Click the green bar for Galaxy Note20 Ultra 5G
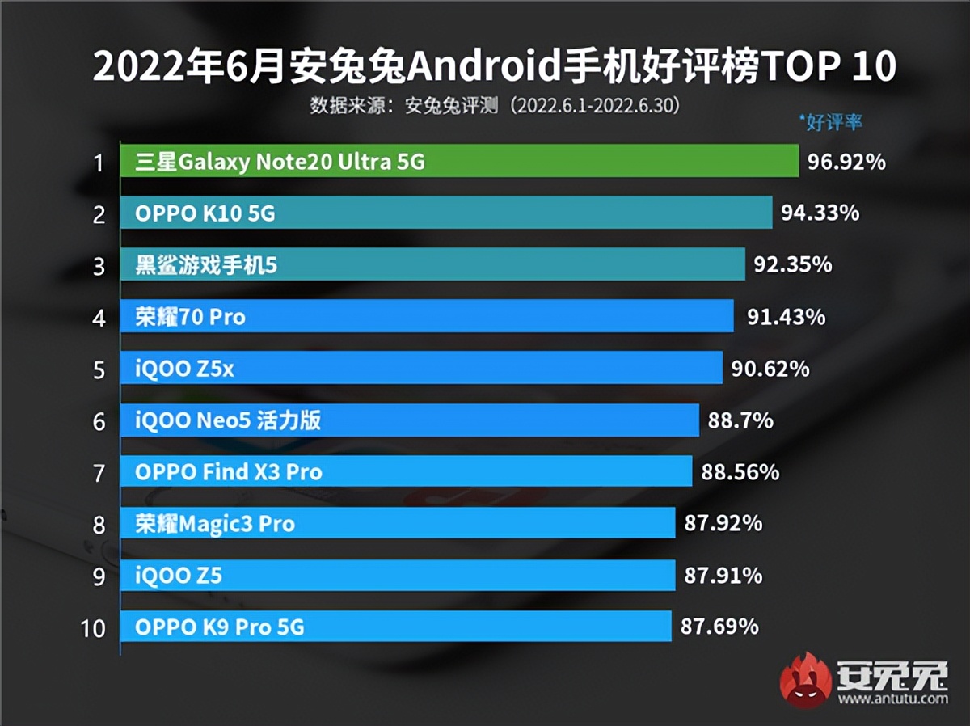pyautogui.click(x=459, y=162)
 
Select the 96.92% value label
pyautogui.click(x=846, y=163)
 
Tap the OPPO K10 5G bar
pyautogui.click(x=446, y=213)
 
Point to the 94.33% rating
pyautogui.click(x=820, y=213)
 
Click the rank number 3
pyautogui.click(x=99, y=267)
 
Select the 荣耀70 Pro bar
pyautogui.click(x=427, y=317)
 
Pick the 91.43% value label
pyautogui.click(x=787, y=317)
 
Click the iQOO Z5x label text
pyautogui.click(x=185, y=369)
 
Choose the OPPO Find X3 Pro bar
pyautogui.click(x=406, y=472)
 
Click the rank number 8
pyautogui.click(x=99, y=526)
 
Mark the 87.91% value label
pyautogui.click(x=723, y=576)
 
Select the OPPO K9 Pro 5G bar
pyautogui.click(x=396, y=627)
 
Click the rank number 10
pyautogui.click(x=94, y=628)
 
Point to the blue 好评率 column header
pyautogui.click(x=830, y=123)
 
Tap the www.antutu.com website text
pyautogui.click(x=892, y=699)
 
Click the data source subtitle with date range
pyautogui.click(x=494, y=106)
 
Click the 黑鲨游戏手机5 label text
pyautogui.click(x=206, y=265)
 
